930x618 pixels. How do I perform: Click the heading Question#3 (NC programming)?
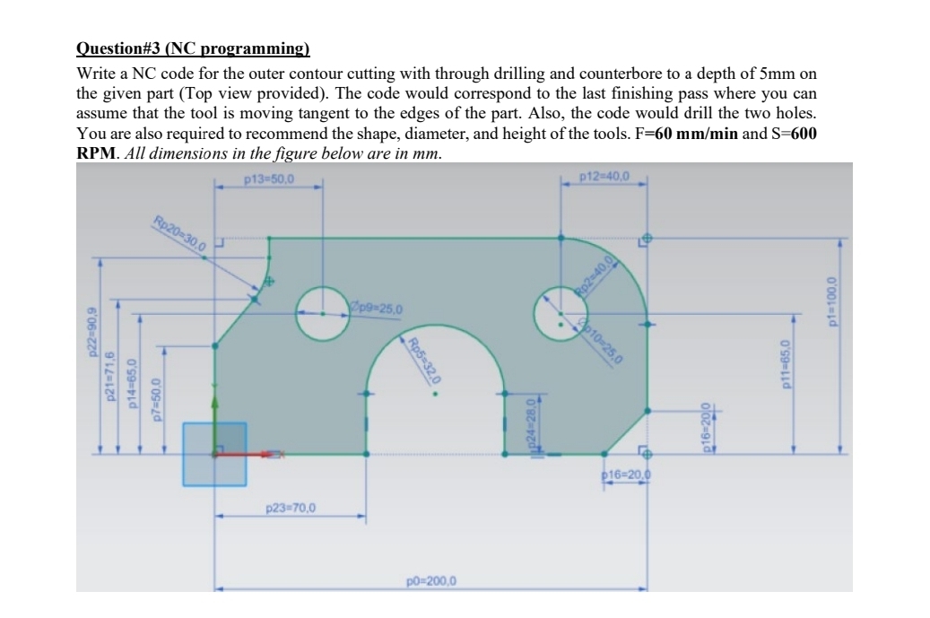point(193,48)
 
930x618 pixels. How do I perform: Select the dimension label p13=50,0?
point(269,178)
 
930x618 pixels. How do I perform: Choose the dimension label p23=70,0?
point(291,509)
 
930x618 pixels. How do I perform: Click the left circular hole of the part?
point(323,313)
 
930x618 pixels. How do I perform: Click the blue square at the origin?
point(214,454)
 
